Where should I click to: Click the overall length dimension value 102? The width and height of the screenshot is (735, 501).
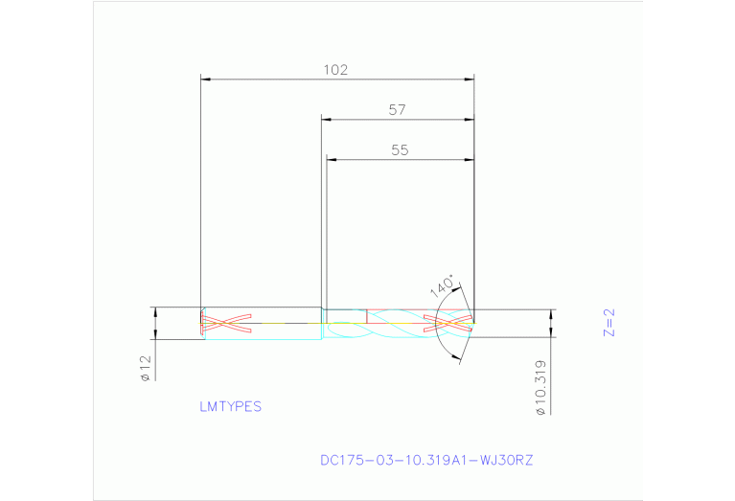334,69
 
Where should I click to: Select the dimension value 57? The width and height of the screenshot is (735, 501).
397,110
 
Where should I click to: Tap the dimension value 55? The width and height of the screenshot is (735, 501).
400,150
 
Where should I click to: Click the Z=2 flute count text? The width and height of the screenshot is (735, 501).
609,322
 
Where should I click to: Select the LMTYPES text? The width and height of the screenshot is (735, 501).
230,406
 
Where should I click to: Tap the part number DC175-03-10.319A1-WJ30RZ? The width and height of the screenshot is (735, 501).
426,460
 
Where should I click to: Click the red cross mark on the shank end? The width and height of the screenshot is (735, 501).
225,323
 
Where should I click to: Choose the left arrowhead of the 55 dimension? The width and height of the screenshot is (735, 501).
332,160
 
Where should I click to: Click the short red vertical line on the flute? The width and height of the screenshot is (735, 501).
366,316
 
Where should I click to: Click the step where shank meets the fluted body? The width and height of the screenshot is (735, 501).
322,316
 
